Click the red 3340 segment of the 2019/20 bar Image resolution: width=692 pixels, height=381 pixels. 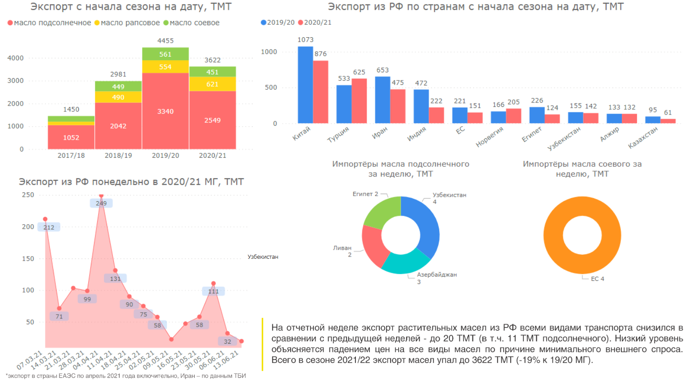[x=165, y=111]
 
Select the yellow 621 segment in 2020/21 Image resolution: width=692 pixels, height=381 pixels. [x=212, y=84]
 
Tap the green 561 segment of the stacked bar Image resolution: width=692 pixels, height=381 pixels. [x=165, y=54]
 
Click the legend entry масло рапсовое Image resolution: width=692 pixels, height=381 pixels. [x=130, y=23]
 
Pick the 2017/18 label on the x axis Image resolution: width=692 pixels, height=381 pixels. [x=71, y=155]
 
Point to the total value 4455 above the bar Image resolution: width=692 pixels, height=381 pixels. [x=165, y=40]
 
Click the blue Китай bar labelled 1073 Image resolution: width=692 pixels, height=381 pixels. [x=305, y=85]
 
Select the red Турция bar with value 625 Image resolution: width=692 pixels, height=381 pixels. [x=359, y=101]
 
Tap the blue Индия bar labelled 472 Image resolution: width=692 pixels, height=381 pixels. [x=421, y=106]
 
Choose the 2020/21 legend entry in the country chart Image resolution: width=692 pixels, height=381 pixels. [x=318, y=22]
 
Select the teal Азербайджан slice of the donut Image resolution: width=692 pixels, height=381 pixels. [x=405, y=263]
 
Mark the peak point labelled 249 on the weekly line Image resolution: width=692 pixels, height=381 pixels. [x=101, y=195]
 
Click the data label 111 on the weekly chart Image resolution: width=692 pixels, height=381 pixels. [x=213, y=291]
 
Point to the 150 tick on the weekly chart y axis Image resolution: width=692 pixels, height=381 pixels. [x=28, y=259]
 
